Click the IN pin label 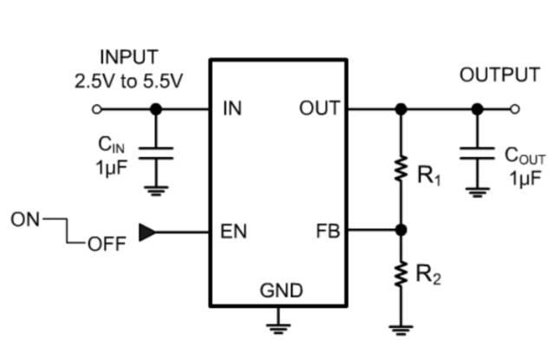(x=232, y=108)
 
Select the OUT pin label (x=320, y=108)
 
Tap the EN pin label (x=233, y=232)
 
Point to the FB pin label (x=328, y=231)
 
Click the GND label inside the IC (x=281, y=291)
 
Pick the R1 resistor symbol (x=401, y=169)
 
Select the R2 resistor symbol (x=401, y=274)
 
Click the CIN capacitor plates (x=156, y=154)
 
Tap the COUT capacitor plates (x=477, y=154)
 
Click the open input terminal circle (x=96, y=109)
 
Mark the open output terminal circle (x=515, y=109)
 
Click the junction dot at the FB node (x=401, y=230)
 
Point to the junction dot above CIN (x=156, y=109)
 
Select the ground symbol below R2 (x=401, y=330)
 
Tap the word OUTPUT (x=499, y=75)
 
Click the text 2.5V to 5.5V (x=128, y=82)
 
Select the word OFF (x=107, y=244)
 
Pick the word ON (x=25, y=219)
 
